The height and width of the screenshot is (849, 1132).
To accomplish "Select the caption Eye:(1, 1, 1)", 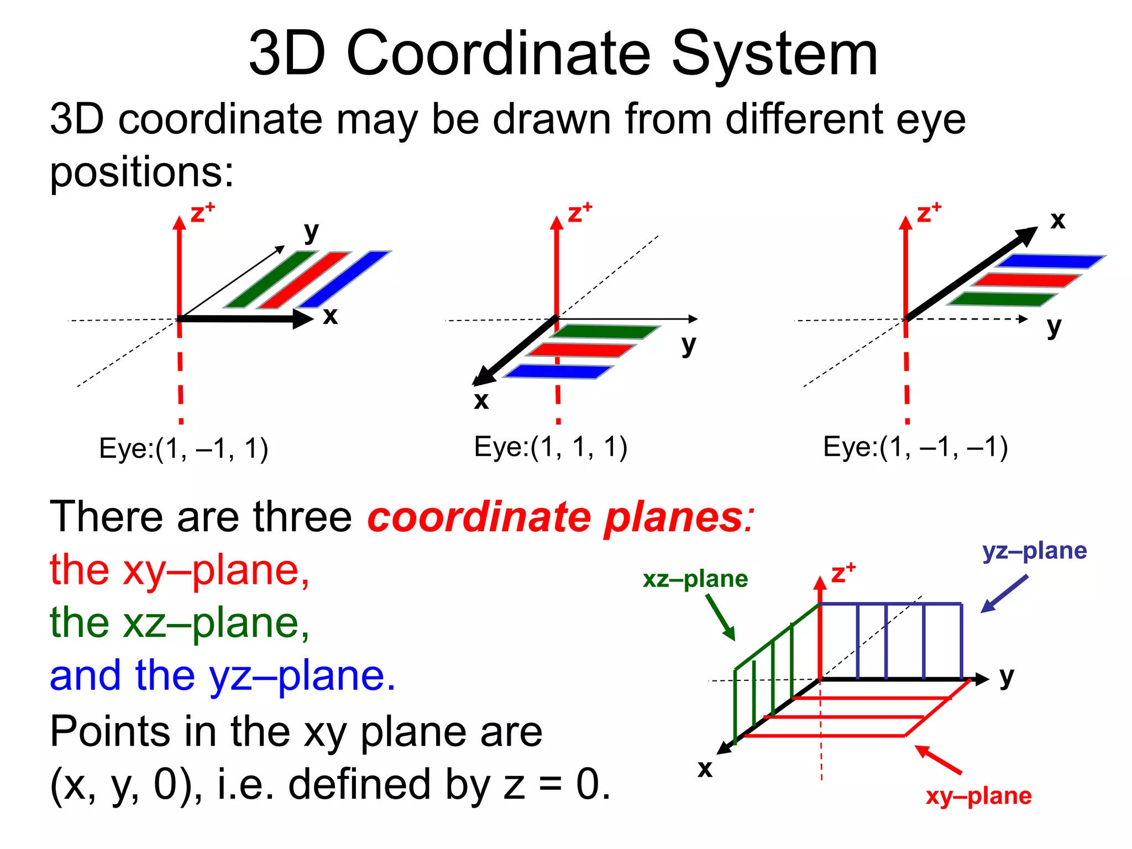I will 551,447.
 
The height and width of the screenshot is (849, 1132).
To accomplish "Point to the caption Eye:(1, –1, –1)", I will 915,447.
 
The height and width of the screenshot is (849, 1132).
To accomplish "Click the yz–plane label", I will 1034,551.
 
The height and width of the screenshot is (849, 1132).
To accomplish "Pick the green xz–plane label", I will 695,579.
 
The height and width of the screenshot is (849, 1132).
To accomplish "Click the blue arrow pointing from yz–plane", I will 1004,594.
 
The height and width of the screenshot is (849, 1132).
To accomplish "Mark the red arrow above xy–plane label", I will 938,759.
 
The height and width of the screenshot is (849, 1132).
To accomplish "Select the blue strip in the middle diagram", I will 558,371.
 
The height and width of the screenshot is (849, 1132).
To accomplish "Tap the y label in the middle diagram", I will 688,344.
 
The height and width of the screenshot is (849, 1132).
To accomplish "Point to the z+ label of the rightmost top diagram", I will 928,213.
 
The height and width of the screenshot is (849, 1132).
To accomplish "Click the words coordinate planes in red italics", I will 560,517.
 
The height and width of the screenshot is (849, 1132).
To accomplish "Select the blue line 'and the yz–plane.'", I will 223,677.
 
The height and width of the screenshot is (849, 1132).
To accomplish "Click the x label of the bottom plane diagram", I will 705,768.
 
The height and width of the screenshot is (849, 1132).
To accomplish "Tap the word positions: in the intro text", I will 142,172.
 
